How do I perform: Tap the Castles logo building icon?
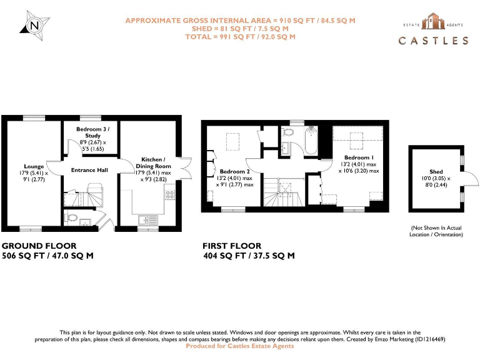tap(434, 22)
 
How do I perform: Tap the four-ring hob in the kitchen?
tap(169, 195)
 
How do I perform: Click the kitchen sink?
tap(147, 219)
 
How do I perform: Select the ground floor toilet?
tap(71, 218)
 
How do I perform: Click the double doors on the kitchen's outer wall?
tap(184, 169)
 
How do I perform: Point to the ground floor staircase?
tap(94, 194)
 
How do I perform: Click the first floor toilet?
tap(287, 132)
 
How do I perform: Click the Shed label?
tap(436, 172)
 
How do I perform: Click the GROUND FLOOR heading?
tap(39, 246)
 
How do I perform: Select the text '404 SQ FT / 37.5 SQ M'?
tap(249, 256)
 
